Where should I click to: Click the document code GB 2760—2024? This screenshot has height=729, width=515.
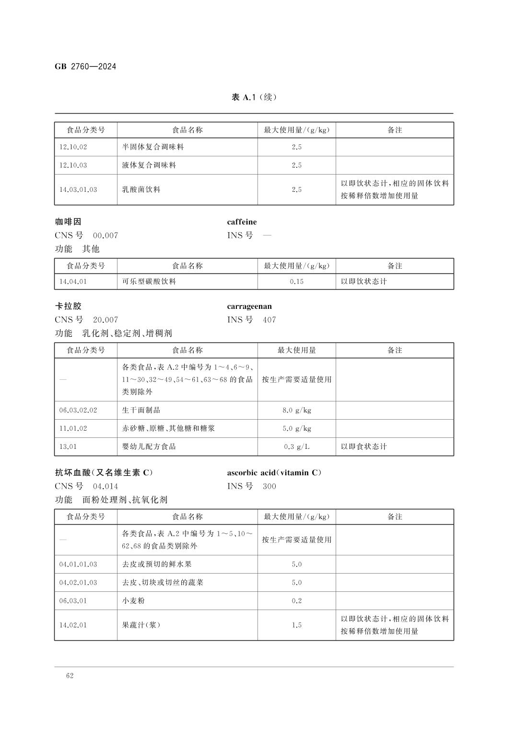(x=85, y=67)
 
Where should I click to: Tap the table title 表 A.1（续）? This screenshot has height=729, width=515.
(x=254, y=97)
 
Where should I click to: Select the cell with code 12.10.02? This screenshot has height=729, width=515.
(x=73, y=147)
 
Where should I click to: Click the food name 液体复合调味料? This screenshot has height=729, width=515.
(x=149, y=165)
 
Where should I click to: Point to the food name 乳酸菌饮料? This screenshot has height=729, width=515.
(x=141, y=190)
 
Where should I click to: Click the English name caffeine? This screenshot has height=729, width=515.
(x=242, y=222)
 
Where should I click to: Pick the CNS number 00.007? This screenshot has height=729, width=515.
(x=105, y=235)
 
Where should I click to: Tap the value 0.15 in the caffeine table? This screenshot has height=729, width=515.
(x=296, y=282)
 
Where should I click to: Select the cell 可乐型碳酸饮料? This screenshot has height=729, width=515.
(x=149, y=282)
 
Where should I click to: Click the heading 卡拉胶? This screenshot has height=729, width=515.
(x=68, y=306)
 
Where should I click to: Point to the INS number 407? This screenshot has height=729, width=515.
(x=269, y=320)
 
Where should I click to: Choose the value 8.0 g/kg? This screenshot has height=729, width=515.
(x=296, y=411)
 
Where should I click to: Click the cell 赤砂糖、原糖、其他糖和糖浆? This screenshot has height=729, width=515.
(x=168, y=428)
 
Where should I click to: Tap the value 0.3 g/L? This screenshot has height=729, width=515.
(x=296, y=447)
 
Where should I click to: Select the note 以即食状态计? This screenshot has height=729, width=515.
(x=363, y=447)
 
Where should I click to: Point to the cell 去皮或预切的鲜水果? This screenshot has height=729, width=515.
(x=157, y=564)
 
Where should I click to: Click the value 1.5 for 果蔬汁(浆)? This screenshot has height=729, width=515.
(x=296, y=625)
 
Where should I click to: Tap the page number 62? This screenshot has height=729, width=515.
(x=70, y=676)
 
